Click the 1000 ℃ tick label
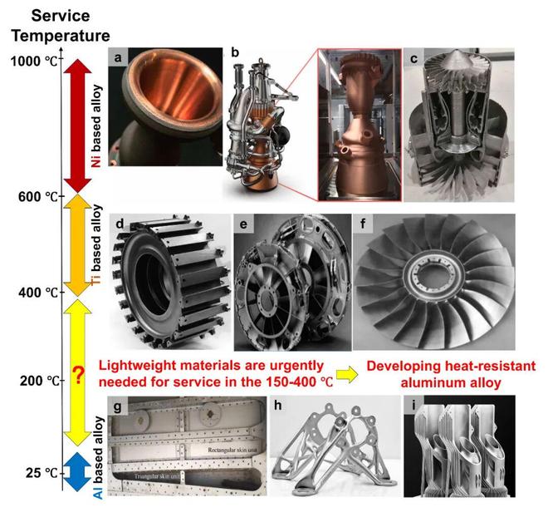click(34, 62)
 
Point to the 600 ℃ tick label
click(38, 197)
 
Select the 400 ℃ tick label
click(38, 293)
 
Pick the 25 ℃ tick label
click(42, 473)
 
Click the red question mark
click(79, 377)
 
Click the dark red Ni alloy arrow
click(77, 126)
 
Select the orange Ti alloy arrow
click(77, 245)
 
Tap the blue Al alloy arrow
click(77, 471)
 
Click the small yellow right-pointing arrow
click(347, 375)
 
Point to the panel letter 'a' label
click(118, 57)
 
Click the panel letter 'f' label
click(362, 224)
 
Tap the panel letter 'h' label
click(278, 405)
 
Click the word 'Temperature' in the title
click(61, 36)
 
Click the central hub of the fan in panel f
click(434, 281)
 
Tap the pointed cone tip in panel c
click(458, 51)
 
